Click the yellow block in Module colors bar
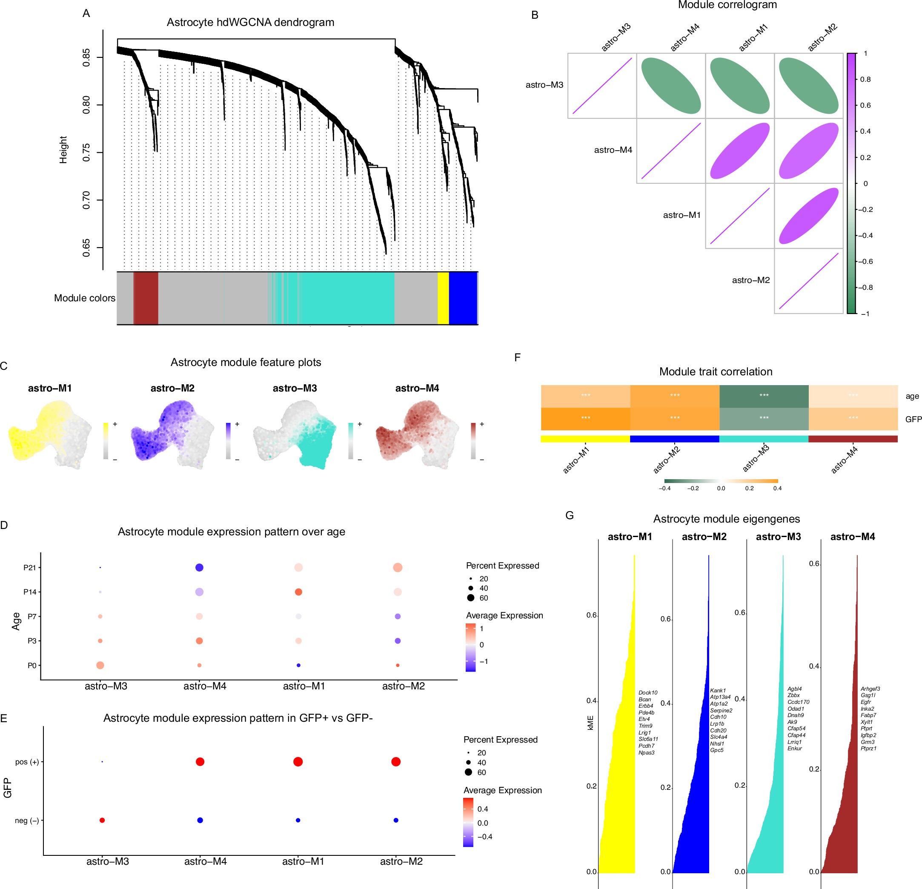(443, 298)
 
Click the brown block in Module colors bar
(146, 298)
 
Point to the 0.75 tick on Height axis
(86, 152)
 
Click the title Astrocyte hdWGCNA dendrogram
(250, 22)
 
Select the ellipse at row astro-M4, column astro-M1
(739, 151)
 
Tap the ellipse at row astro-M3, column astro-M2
(809, 85)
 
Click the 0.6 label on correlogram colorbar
(865, 106)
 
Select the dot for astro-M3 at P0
(100, 665)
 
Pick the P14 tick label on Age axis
(30, 592)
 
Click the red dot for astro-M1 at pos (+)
(298, 761)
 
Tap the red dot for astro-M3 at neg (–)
(102, 820)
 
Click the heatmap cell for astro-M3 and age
(764, 396)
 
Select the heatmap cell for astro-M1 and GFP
(585, 419)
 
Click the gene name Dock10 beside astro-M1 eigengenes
(648, 693)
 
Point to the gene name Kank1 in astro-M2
(718, 691)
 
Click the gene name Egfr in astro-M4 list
(865, 702)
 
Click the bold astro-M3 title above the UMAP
(295, 388)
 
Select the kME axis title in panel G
(590, 723)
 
